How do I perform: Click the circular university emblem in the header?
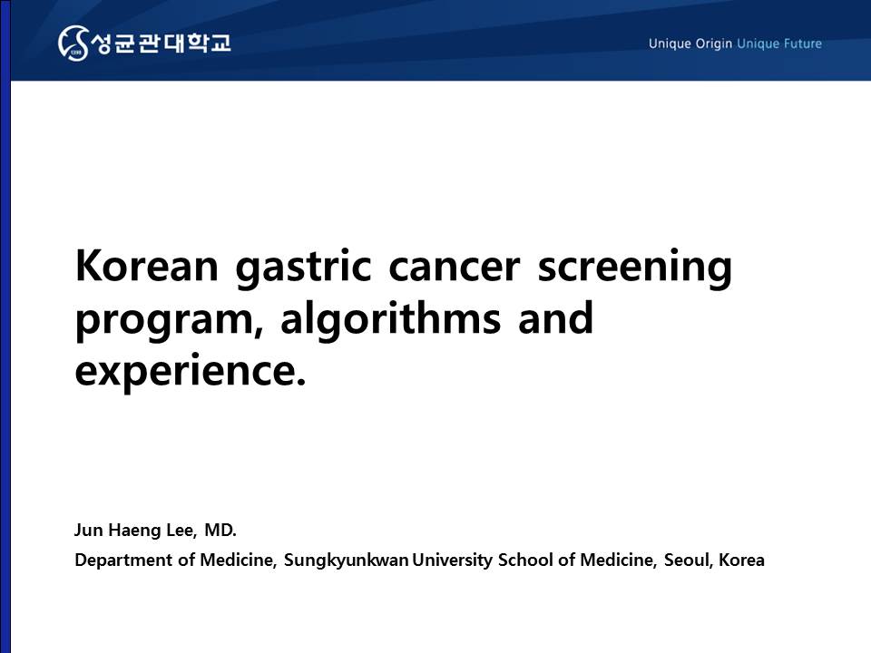click(73, 43)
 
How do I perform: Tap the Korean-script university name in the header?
click(161, 43)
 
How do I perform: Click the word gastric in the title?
click(303, 268)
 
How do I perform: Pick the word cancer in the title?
click(454, 267)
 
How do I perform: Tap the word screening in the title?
click(634, 268)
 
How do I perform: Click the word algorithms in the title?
click(390, 320)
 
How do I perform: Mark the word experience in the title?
click(190, 371)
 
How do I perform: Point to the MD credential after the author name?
click(220, 531)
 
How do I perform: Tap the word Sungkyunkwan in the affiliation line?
click(346, 560)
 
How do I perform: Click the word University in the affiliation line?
click(452, 560)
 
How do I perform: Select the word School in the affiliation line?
click(525, 560)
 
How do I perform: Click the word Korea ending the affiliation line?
click(741, 560)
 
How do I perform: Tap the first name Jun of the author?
click(89, 531)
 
